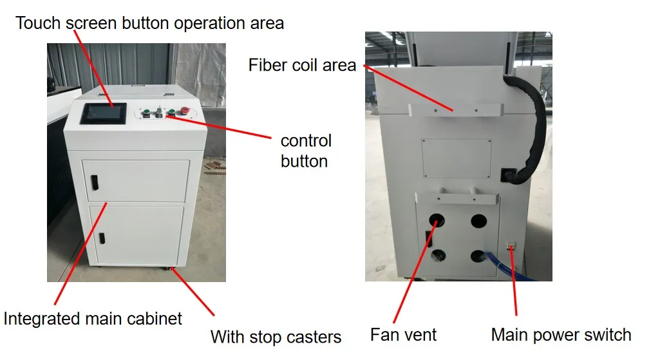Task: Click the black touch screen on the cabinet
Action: pyautogui.click(x=103, y=113)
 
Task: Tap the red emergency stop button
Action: pyautogui.click(x=184, y=111)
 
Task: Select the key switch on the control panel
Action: pyautogui.click(x=159, y=112)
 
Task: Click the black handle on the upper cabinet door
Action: pyautogui.click(x=95, y=183)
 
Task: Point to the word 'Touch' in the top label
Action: pyautogui.click(x=38, y=23)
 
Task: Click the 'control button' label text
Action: pyautogui.click(x=306, y=151)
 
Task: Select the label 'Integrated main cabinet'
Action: pyautogui.click(x=93, y=319)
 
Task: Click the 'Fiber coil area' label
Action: pyautogui.click(x=302, y=65)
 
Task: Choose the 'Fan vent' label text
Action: pyautogui.click(x=403, y=335)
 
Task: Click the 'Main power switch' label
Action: pyautogui.click(x=561, y=335)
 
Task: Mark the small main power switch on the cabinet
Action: pyautogui.click(x=511, y=246)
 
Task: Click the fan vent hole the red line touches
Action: pyautogui.click(x=437, y=220)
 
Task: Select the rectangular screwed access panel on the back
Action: pyautogui.click(x=457, y=158)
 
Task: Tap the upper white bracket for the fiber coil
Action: pyautogui.click(x=455, y=111)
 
